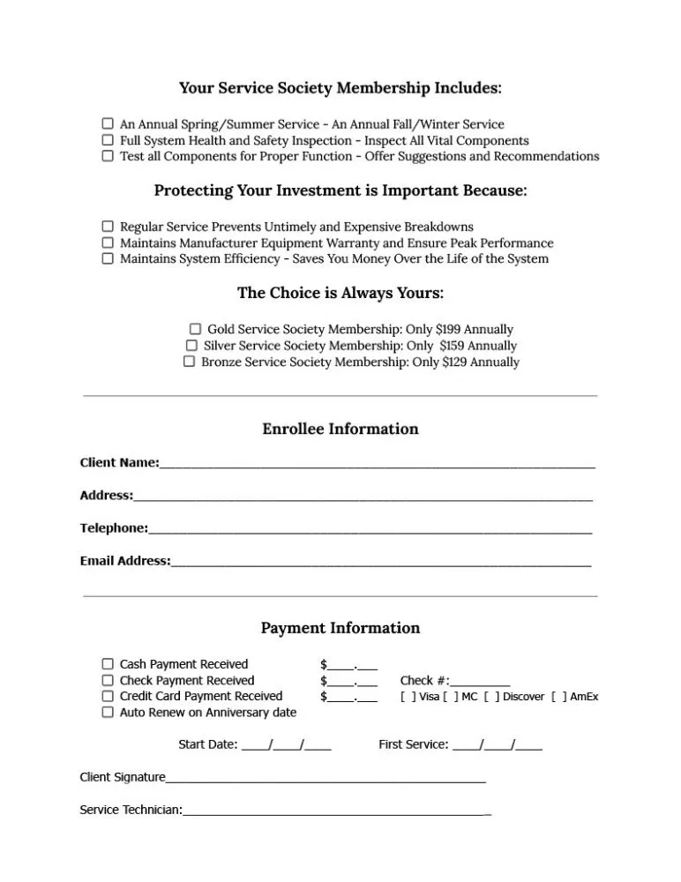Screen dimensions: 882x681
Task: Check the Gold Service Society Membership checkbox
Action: tap(196, 329)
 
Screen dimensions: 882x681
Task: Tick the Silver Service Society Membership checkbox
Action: tap(192, 346)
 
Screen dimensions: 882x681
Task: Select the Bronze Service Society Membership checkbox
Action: tap(189, 362)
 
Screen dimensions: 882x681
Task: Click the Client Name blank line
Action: tap(377, 464)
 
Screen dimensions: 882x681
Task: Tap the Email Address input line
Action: tap(380, 562)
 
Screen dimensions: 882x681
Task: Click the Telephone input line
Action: tap(370, 529)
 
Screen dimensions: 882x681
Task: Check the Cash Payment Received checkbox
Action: tap(108, 664)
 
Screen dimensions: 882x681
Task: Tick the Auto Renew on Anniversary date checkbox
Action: tap(108, 713)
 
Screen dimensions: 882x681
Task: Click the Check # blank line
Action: tap(480, 682)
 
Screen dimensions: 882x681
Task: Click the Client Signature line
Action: tap(326, 779)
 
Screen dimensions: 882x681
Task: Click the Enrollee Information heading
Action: tap(340, 430)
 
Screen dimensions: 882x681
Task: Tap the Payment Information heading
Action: tap(340, 629)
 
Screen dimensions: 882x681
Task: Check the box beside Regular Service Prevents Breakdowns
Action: tap(108, 227)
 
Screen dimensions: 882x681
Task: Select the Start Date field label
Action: tap(207, 744)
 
